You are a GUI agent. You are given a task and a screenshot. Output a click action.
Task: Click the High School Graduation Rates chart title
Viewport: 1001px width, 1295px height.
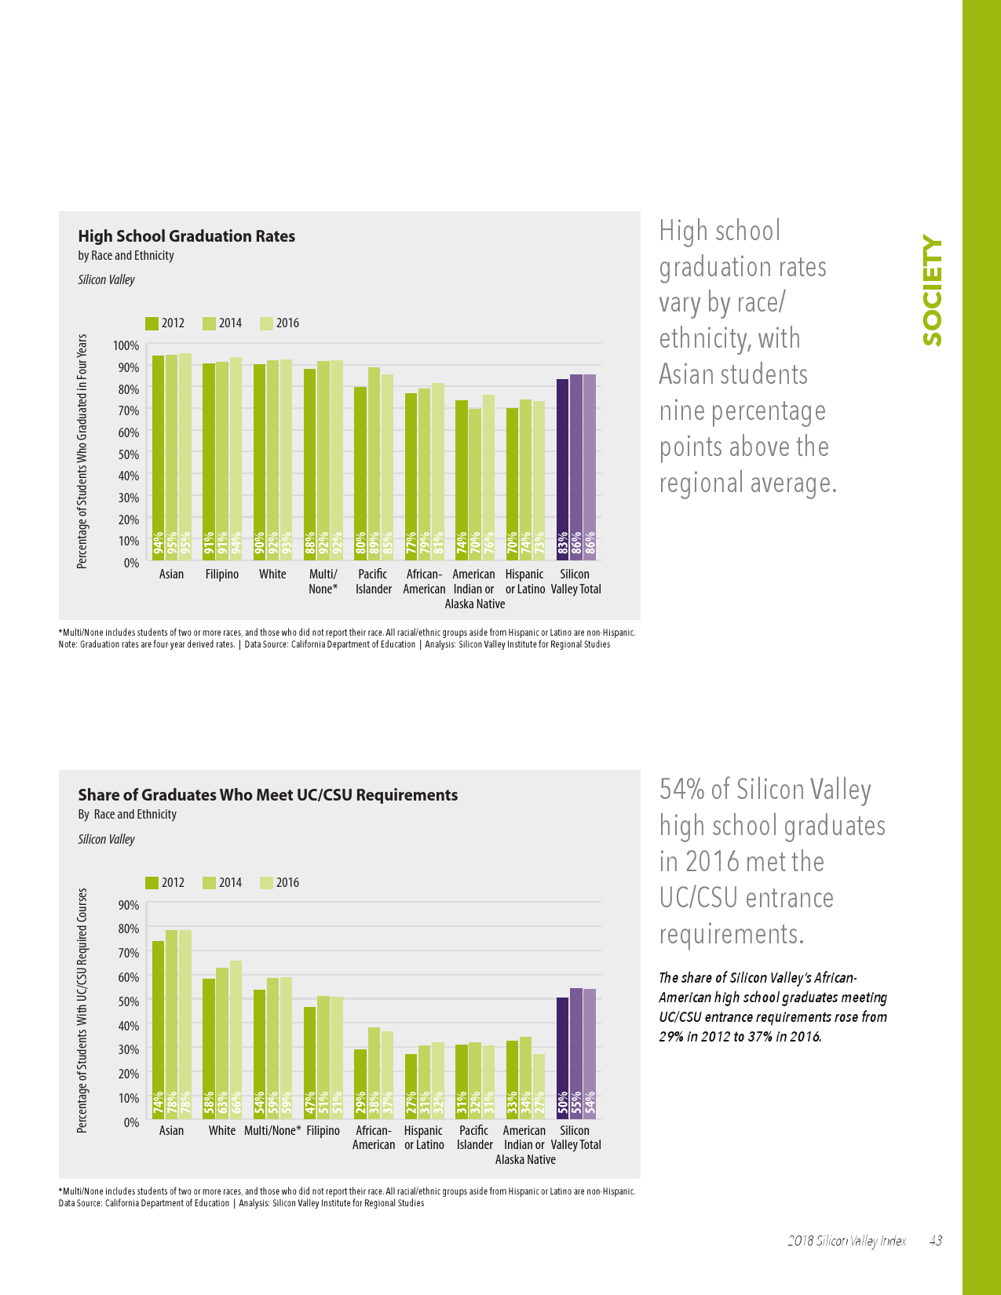187,236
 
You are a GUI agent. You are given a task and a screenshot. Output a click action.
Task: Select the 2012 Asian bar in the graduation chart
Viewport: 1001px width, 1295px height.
158,455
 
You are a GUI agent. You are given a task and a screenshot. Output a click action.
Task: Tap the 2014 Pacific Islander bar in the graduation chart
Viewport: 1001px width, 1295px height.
374,463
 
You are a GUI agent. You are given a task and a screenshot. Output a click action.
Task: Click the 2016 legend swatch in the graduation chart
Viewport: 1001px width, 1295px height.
267,323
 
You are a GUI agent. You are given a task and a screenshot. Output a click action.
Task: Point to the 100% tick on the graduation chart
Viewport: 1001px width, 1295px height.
126,345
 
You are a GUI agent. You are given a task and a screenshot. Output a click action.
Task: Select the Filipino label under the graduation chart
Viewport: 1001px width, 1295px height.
222,575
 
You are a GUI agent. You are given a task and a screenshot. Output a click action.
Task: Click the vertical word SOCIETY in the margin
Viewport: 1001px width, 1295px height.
932,291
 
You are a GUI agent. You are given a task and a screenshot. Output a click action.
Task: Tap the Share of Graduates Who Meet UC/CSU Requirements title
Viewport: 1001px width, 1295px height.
268,795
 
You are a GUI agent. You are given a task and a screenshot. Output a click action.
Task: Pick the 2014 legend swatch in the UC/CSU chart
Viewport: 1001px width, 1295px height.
210,883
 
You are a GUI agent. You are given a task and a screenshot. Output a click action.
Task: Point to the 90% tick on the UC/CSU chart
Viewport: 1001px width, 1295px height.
128,905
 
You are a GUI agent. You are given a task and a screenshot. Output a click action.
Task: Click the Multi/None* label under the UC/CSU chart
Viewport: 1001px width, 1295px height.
272,1131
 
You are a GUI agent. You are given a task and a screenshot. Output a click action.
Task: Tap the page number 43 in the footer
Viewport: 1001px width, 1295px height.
935,1241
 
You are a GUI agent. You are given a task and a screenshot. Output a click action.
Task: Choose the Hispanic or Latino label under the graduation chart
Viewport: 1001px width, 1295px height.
525,582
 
